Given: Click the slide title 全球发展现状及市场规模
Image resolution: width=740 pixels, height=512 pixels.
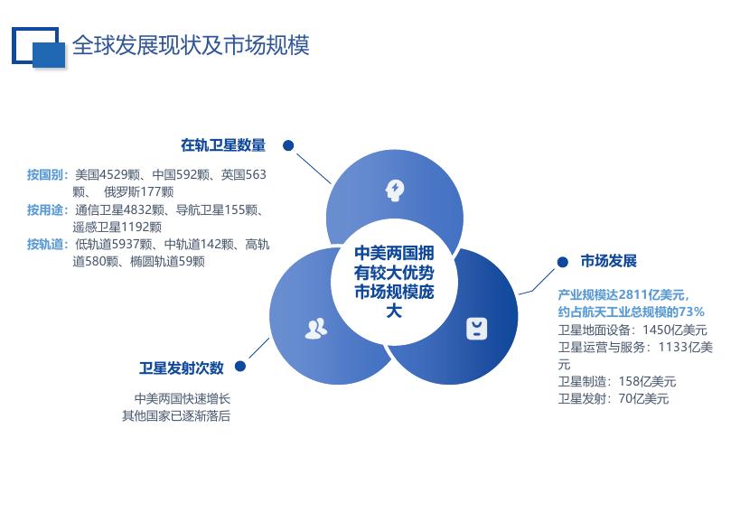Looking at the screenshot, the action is click(191, 45).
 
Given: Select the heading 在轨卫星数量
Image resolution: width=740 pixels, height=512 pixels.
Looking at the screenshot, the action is click(223, 145).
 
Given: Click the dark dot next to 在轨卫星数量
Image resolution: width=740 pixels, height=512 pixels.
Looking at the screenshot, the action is click(288, 145).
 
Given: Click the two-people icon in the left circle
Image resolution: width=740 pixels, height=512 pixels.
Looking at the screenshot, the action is click(315, 328).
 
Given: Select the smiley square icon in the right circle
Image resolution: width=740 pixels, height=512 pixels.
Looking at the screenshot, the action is click(476, 328).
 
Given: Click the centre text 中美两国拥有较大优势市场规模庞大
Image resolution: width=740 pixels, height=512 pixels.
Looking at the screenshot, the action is click(393, 281).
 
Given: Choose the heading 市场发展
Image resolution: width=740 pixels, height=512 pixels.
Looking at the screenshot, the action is click(609, 261).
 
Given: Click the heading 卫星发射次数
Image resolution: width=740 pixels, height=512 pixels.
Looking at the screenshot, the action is click(182, 368).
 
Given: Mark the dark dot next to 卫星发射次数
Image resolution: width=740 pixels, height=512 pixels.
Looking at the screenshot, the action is click(241, 368).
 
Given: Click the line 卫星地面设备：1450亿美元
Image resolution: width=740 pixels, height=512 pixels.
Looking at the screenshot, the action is click(632, 330).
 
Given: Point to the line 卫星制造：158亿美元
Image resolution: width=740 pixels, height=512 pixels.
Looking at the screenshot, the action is click(617, 381).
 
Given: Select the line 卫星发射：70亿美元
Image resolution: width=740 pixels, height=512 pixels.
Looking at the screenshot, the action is click(614, 398).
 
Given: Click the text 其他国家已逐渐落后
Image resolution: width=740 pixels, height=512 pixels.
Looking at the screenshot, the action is click(176, 415).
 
